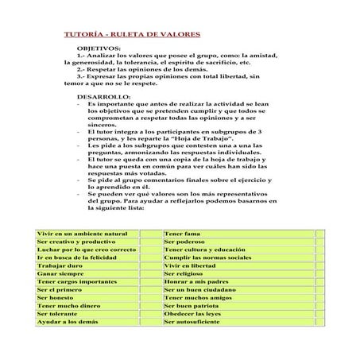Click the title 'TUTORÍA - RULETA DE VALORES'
pos(131,35)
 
